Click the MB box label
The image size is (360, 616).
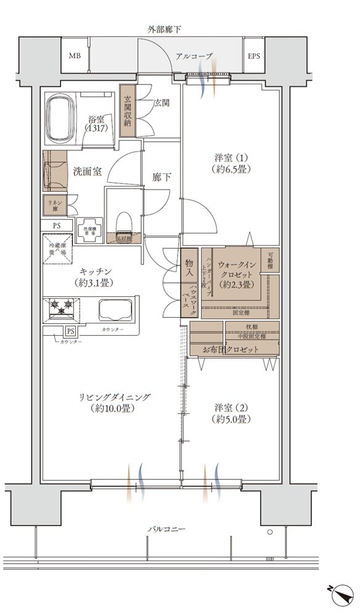pos(75,56)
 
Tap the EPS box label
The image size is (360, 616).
pos(253,56)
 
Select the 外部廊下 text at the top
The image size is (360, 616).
pos(164,29)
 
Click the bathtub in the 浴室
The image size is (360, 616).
pos(62,116)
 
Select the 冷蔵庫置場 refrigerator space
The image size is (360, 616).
pos(57,249)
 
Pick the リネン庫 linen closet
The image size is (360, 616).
pos(54,204)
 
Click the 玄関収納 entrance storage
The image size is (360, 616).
pos(128,110)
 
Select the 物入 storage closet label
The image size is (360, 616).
pos(189,263)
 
